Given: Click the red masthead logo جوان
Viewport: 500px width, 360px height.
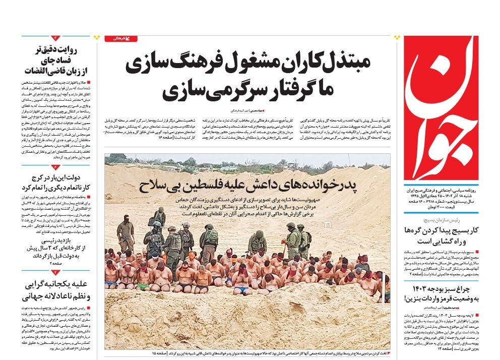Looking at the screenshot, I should click(441, 107).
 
